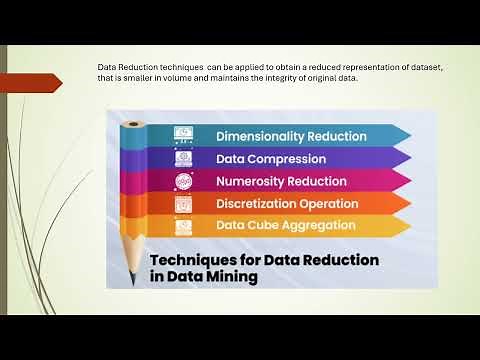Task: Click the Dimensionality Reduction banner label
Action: tap(291, 135)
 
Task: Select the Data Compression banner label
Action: tap(271, 158)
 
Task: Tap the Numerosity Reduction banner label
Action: tap(281, 181)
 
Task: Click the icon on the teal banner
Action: tap(183, 135)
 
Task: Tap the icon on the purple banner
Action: tap(183, 158)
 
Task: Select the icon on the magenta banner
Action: tap(183, 181)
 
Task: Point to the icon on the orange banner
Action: tap(183, 203)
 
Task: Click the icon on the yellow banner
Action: tap(183, 226)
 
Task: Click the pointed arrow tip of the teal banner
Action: tap(408, 135)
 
